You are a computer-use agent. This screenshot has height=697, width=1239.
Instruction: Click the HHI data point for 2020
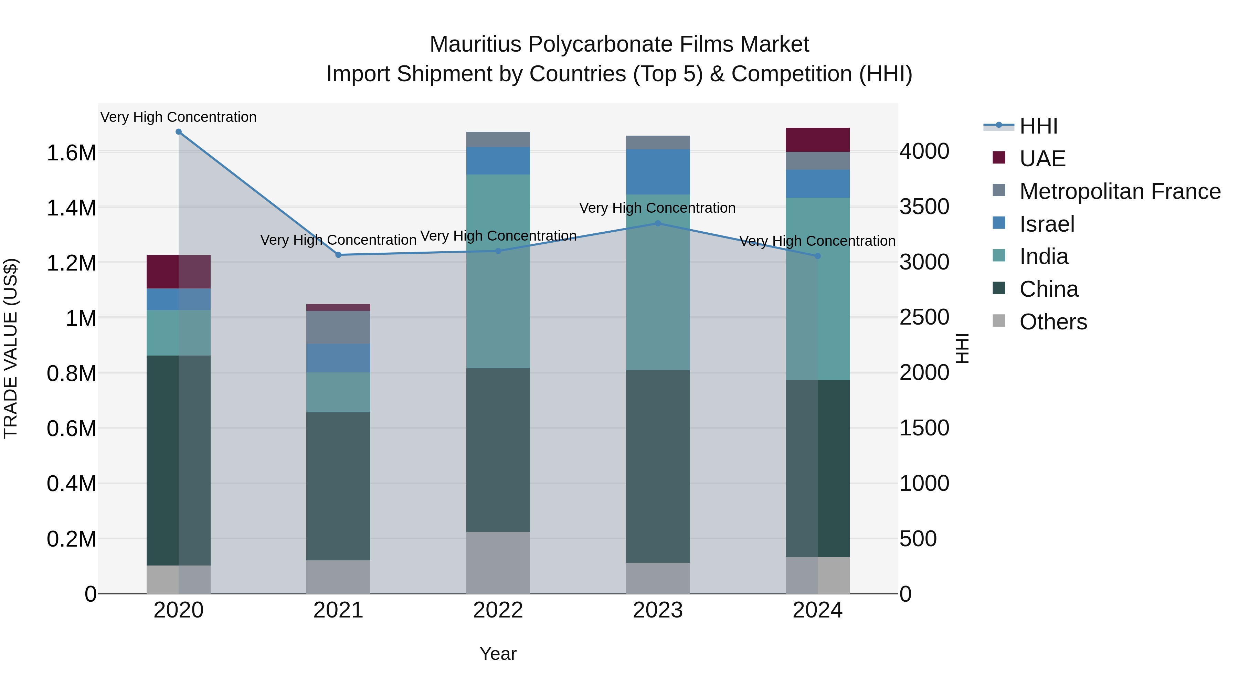178,132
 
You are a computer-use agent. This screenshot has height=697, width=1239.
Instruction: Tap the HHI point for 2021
338,255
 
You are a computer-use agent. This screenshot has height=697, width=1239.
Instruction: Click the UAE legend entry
1042,159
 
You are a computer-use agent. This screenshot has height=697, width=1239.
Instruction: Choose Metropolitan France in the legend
1120,191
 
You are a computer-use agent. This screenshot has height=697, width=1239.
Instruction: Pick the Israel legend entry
1047,224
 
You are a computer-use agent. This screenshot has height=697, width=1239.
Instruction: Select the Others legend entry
1053,322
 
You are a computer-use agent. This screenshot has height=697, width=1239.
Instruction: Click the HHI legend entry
1038,126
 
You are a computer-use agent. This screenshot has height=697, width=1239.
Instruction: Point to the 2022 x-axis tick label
498,610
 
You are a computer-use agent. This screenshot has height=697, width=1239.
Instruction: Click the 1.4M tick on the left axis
71,208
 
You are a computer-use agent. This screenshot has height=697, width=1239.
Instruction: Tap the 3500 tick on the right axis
924,207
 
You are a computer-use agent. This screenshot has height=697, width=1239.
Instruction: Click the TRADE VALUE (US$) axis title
11,348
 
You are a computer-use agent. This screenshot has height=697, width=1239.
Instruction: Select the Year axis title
498,654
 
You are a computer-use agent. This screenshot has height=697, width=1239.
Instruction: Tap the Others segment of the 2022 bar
498,563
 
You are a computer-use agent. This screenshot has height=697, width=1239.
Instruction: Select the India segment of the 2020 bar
178,333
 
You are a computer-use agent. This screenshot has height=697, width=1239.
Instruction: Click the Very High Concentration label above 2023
657,208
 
